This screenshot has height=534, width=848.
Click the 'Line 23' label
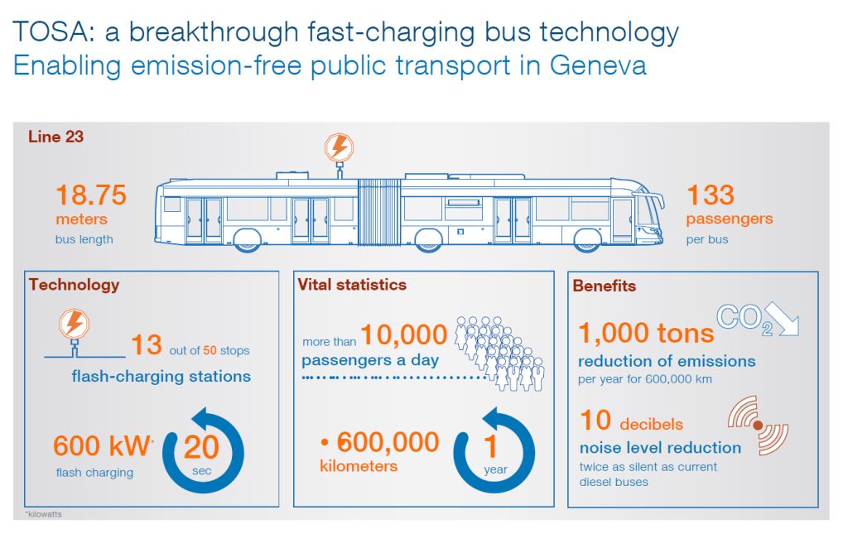[55, 137]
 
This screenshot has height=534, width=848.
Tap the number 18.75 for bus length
[91, 195]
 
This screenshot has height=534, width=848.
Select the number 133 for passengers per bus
[711, 195]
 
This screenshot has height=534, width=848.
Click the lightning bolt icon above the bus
[339, 147]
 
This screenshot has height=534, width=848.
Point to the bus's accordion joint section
[379, 212]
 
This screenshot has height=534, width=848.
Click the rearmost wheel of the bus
[247, 241]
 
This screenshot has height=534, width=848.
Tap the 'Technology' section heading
[74, 285]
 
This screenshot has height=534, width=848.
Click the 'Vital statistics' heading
[352, 285]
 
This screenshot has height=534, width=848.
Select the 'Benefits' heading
[604, 286]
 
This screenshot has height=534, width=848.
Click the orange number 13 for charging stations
[146, 345]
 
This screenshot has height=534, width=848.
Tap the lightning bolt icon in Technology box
[74, 325]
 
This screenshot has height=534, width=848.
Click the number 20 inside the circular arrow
[201, 447]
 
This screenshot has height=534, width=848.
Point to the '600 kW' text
[102, 446]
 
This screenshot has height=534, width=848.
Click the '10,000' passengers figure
[403, 334]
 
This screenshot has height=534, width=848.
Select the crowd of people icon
[499, 354]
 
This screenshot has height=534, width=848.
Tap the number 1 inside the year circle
[490, 446]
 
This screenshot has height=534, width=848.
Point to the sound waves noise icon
[759, 426]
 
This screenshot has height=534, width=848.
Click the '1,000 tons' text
[646, 333]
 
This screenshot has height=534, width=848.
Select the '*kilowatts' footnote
[43, 514]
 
